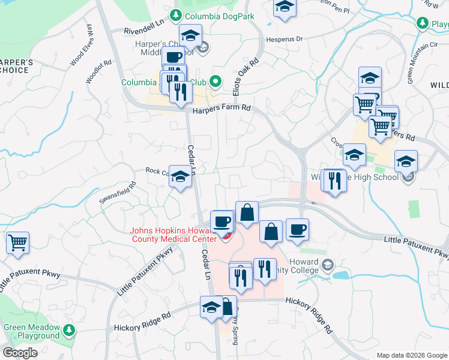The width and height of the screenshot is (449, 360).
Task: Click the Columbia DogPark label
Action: [x=220, y=16]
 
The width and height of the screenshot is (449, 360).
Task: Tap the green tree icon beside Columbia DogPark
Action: [x=176, y=16]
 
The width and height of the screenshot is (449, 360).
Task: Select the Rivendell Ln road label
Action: [x=144, y=30]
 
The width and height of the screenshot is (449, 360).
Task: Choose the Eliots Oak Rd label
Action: [x=245, y=76]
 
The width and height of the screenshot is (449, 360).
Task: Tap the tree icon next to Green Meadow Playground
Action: [x=69, y=330]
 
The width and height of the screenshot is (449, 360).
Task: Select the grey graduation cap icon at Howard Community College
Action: [x=328, y=265]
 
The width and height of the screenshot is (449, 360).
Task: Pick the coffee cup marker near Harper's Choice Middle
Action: [x=173, y=59]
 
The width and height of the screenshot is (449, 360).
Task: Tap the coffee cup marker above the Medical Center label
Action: [x=222, y=221]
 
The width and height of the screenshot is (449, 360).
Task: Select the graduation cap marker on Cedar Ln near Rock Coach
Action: [x=180, y=176]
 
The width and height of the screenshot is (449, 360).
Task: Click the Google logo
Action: [x=20, y=353]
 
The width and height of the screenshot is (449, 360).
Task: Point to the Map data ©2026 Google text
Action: [x=411, y=355]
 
